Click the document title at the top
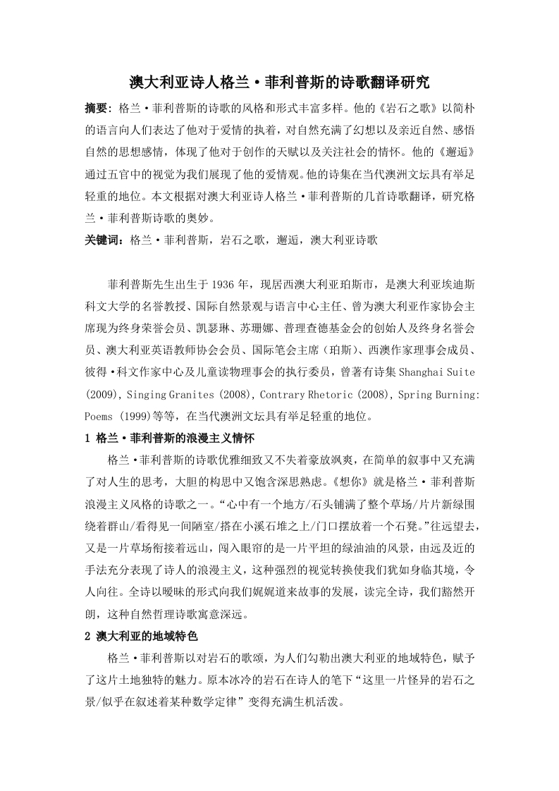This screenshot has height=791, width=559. pos(279,83)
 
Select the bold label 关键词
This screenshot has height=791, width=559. pos(104,240)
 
